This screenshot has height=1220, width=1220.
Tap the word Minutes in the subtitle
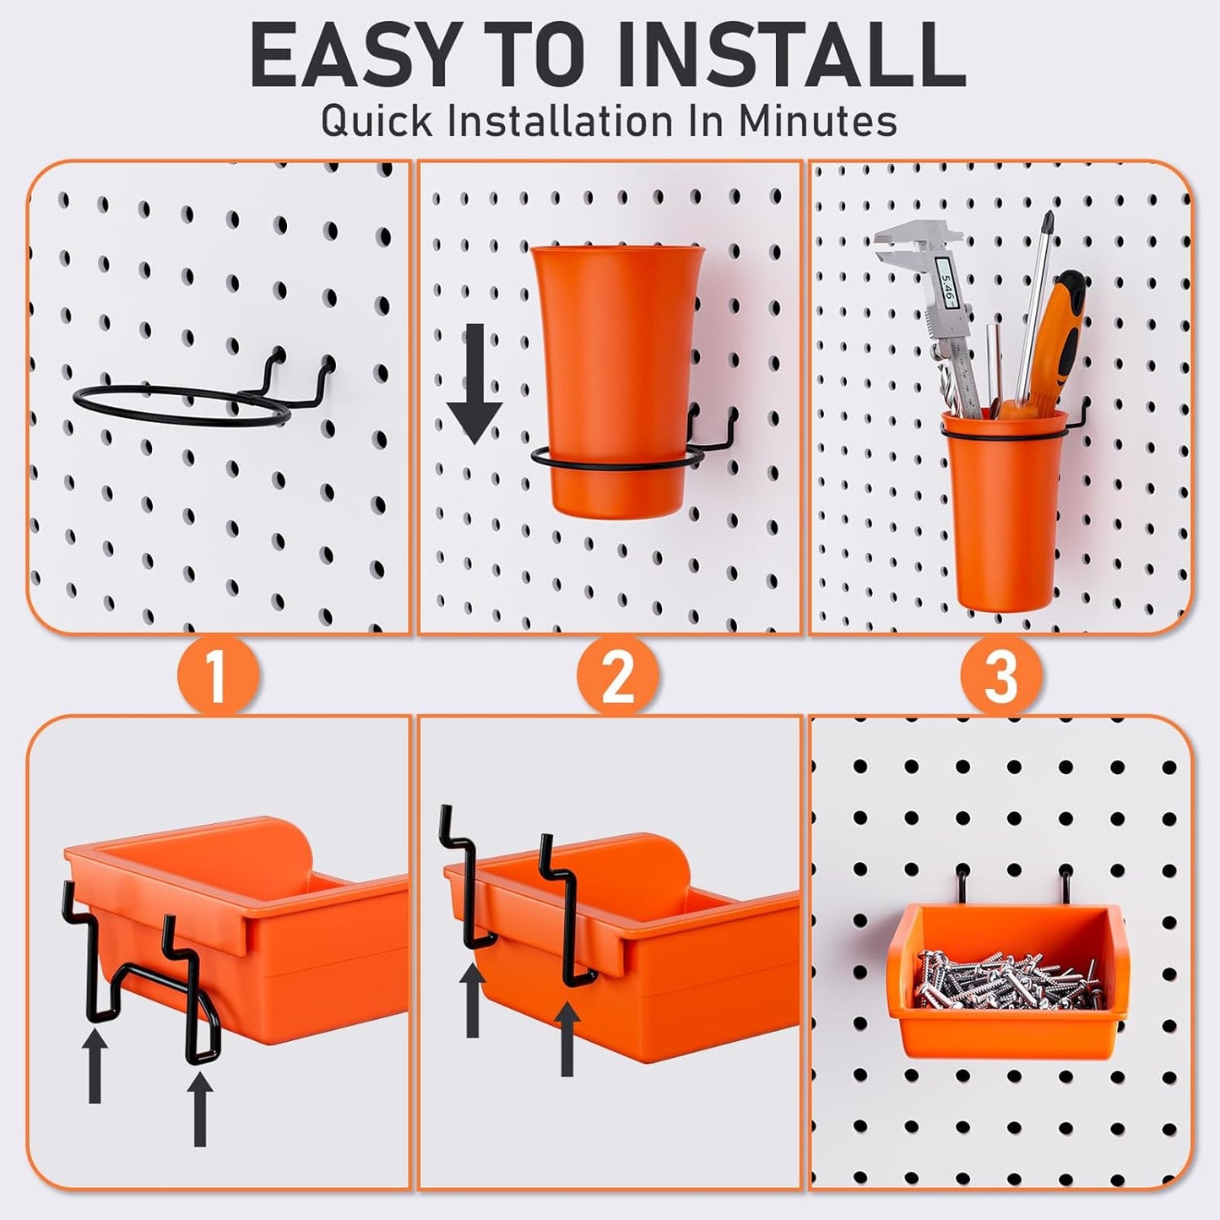pyautogui.click(x=817, y=121)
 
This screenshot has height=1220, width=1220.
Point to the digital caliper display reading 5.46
pyautogui.click(x=947, y=296)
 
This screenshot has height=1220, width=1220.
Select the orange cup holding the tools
pyautogui.click(x=1002, y=523)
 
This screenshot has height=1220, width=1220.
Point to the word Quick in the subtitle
pyautogui.click(x=377, y=121)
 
